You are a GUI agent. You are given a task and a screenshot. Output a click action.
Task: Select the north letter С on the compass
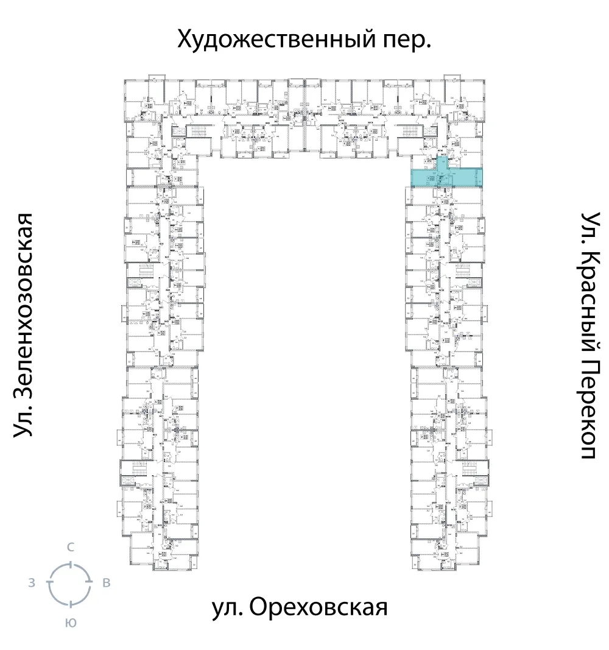70,547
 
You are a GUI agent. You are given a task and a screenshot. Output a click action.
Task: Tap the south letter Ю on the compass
70,623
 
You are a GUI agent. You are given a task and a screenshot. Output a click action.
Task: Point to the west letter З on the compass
31,584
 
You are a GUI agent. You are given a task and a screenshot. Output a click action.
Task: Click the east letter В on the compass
107,584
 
